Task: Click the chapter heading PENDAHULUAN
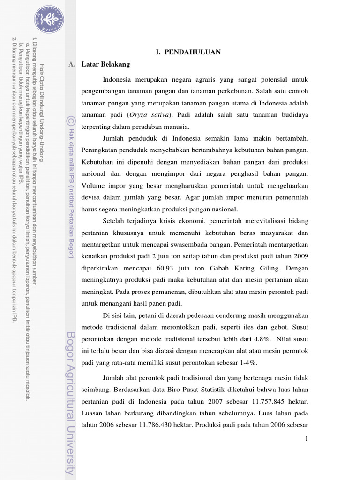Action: (x=188, y=52)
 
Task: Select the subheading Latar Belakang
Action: (x=105, y=64)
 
